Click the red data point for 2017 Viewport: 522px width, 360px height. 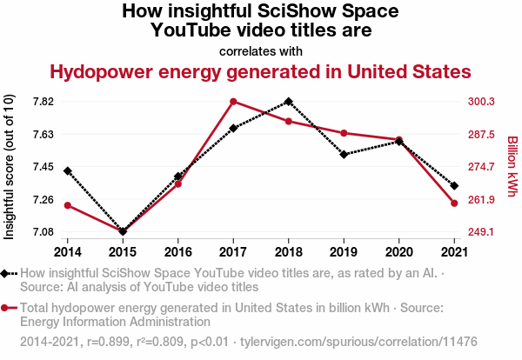pyautogui.click(x=234, y=102)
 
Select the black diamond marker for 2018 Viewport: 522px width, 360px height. pyautogui.click(x=289, y=102)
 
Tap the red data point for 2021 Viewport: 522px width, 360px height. pyautogui.click(x=454, y=203)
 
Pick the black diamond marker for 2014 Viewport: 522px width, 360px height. pyautogui.click(x=68, y=171)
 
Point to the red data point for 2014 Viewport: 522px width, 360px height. pyautogui.click(x=68, y=205)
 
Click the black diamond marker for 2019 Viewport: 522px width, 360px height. pyautogui.click(x=344, y=155)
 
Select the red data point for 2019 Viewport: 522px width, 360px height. pyautogui.click(x=344, y=133)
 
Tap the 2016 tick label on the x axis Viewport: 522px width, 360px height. pyautogui.click(x=178, y=252)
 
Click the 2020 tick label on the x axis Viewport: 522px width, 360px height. pyautogui.click(x=399, y=252)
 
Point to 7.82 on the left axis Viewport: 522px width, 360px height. pyautogui.click(x=43, y=102)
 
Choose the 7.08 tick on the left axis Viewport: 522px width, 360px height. pyautogui.click(x=43, y=232)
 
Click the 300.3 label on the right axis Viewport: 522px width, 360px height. pyautogui.click(x=481, y=102)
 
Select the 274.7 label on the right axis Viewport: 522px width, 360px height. pyautogui.click(x=481, y=167)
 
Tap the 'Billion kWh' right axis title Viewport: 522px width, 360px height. pyautogui.click(x=512, y=165)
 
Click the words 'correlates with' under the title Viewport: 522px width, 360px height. pyautogui.click(x=261, y=50)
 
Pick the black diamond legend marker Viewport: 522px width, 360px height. pyautogui.click(x=8, y=274)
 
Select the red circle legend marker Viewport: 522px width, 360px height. pyautogui.click(x=8, y=308)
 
